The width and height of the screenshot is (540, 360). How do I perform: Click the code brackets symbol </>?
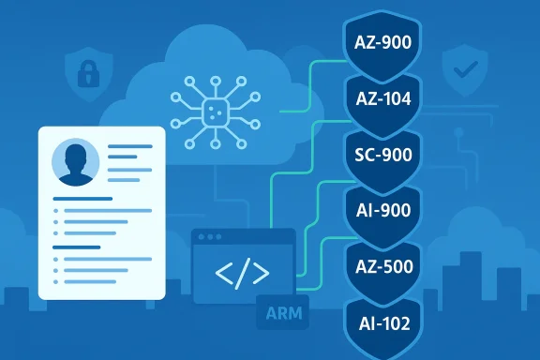pyautogui.click(x=242, y=274)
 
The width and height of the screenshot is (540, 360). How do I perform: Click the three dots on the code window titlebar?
pyautogui.click(x=209, y=238)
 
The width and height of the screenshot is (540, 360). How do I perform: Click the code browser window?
pyautogui.click(x=242, y=266)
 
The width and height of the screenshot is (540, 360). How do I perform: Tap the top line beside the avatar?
pyautogui.click(x=130, y=147)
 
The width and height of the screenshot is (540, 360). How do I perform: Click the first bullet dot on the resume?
pyautogui.click(x=57, y=213)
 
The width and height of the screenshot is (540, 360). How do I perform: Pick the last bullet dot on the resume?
pyautogui.click(x=57, y=281)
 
